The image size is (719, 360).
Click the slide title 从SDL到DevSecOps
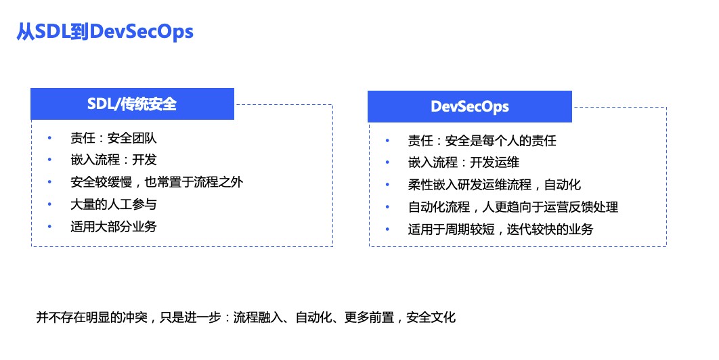tap(105, 32)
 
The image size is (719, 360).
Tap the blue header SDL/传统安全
tap(132, 104)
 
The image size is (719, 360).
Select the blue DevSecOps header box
tap(470, 106)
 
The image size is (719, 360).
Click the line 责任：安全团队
tap(113, 137)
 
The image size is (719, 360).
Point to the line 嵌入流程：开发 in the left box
tap(113, 160)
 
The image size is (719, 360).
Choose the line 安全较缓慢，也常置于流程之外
tap(157, 182)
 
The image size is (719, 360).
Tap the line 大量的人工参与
tap(113, 204)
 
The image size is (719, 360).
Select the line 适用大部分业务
tap(113, 226)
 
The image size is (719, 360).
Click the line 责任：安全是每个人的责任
tap(482, 140)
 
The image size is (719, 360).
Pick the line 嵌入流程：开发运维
tap(464, 162)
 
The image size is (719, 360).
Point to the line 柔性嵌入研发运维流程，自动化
tap(494, 184)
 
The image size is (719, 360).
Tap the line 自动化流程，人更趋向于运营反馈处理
tap(513, 207)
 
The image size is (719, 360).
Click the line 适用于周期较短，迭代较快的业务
tap(501, 229)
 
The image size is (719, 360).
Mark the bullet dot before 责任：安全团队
tap(49, 137)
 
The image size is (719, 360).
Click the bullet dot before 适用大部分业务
tap(49, 227)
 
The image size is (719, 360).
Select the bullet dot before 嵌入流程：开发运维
tap(387, 162)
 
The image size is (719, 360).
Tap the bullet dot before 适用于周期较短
tap(387, 229)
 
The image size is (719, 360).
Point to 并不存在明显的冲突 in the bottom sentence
tap(91, 317)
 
